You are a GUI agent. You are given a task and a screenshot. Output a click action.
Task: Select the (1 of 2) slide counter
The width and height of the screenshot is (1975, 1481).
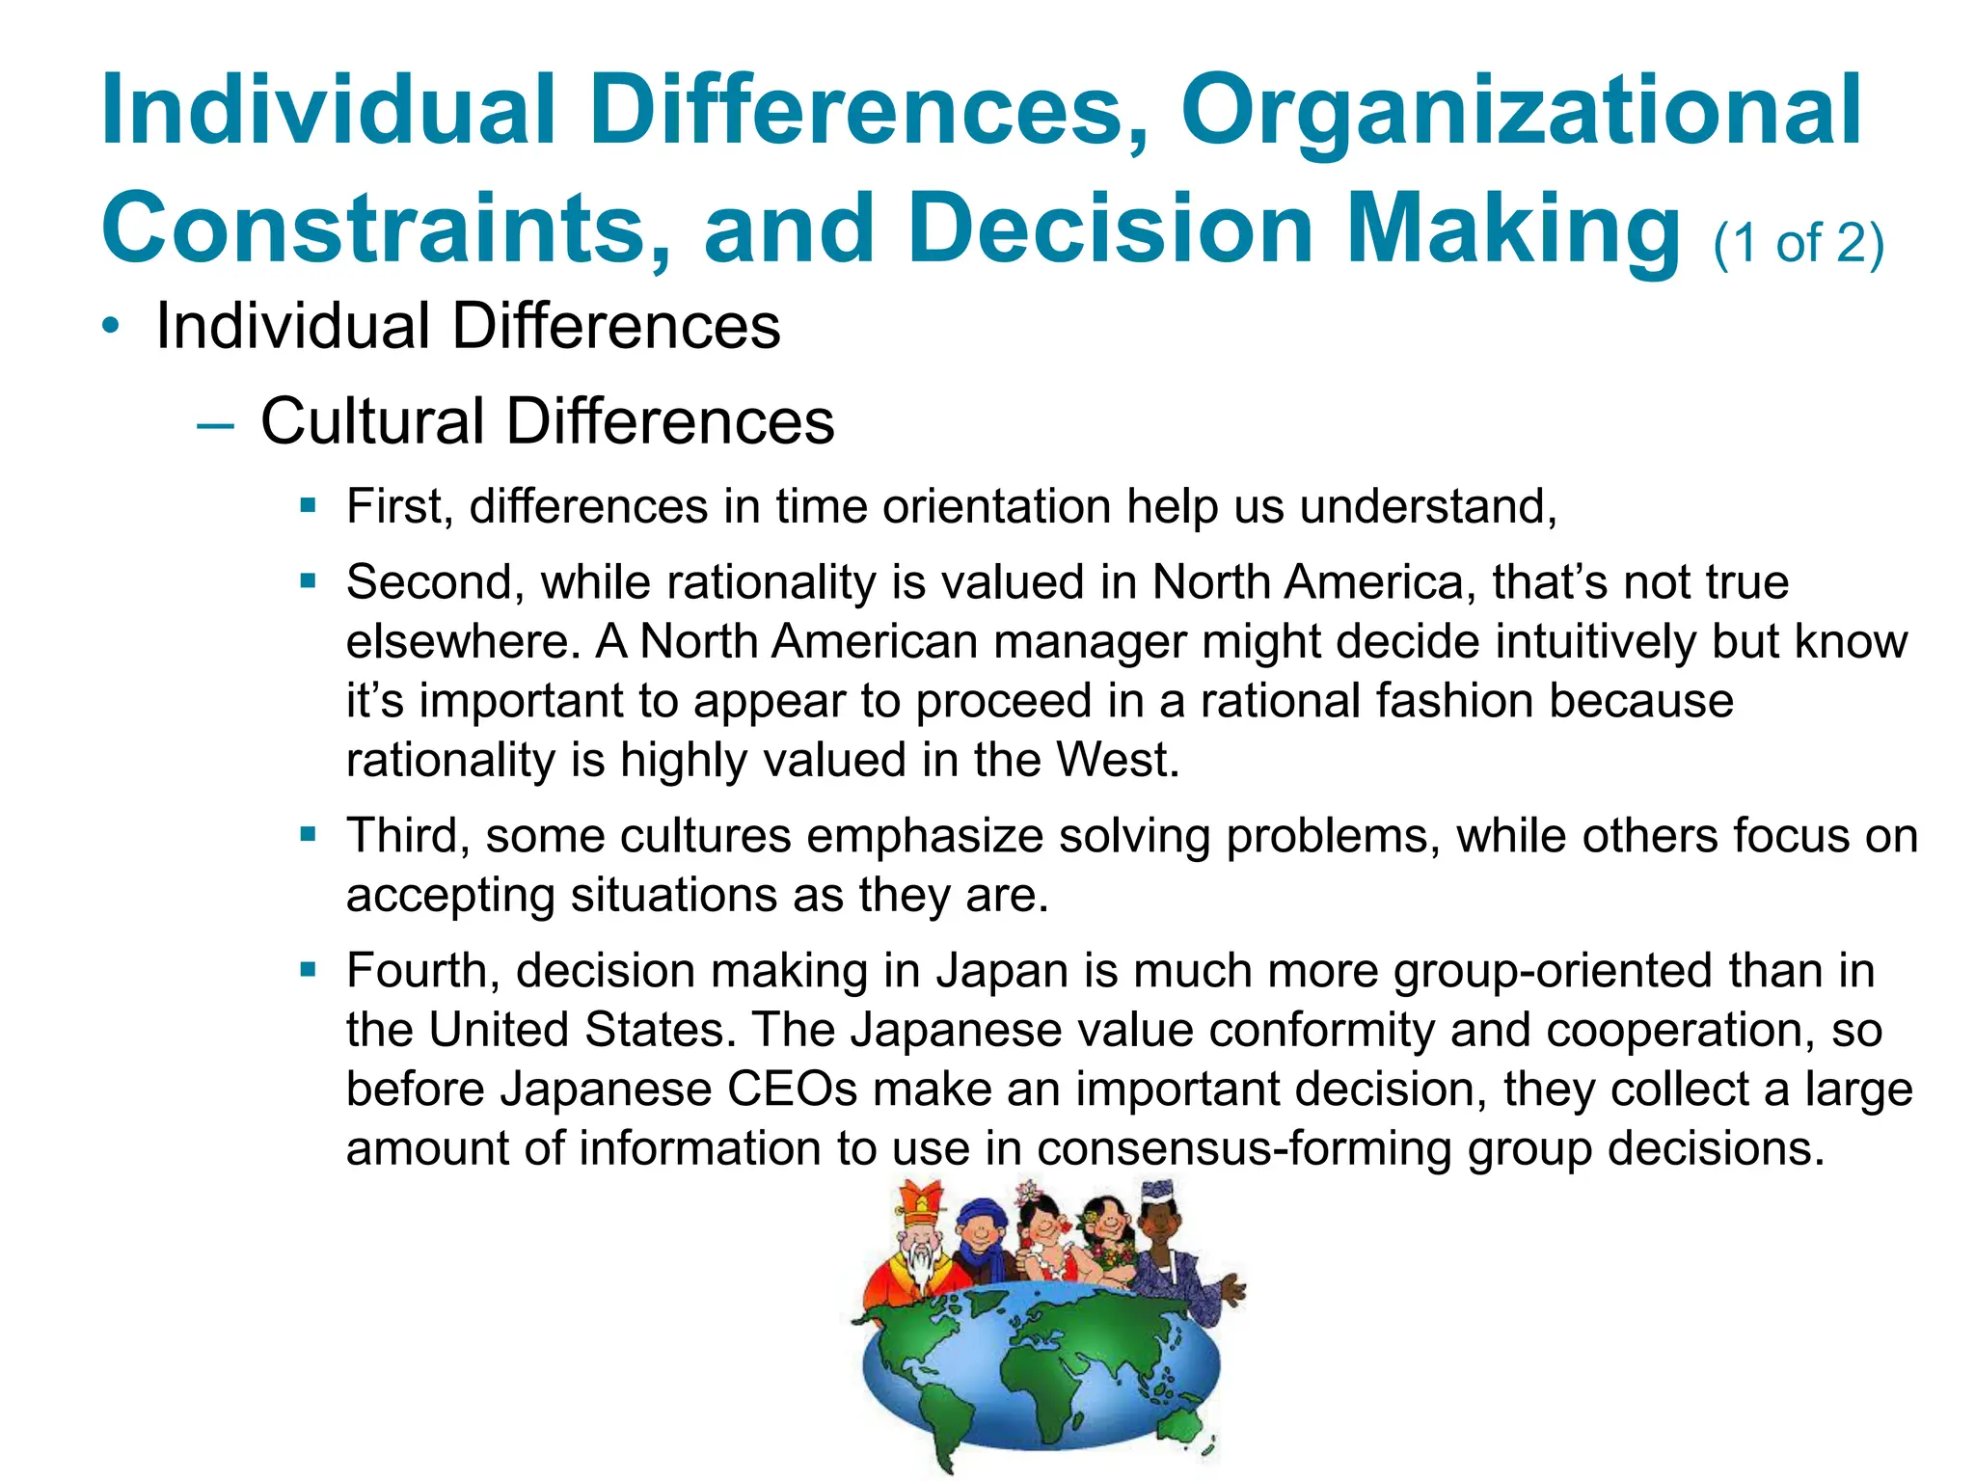tap(1798, 242)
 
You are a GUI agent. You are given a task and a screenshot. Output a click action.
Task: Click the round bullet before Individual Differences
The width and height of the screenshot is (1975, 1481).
tap(113, 327)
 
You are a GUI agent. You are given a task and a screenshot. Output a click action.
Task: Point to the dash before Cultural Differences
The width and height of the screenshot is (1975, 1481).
tap(214, 424)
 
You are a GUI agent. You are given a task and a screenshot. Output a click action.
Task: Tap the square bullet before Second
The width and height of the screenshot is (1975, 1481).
tap(308, 581)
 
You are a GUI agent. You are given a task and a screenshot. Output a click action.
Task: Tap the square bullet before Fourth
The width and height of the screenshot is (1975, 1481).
tap(308, 970)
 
